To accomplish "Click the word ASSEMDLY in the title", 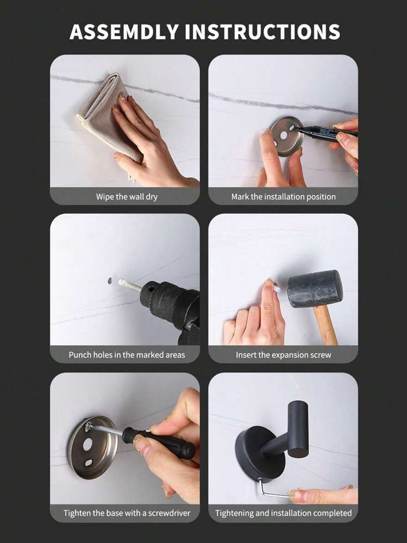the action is (124, 32).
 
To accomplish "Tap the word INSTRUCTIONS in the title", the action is (262, 32).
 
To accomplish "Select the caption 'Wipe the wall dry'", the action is (127, 197).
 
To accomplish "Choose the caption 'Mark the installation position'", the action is (284, 197).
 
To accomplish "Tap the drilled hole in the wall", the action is (110, 280).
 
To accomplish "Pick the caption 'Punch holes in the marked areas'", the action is (127, 355).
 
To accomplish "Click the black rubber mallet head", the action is (315, 289).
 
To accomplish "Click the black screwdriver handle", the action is (159, 442).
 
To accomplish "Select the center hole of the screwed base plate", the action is (87, 444).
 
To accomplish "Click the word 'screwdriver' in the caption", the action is (169, 513).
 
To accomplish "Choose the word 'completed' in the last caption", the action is (333, 513).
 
